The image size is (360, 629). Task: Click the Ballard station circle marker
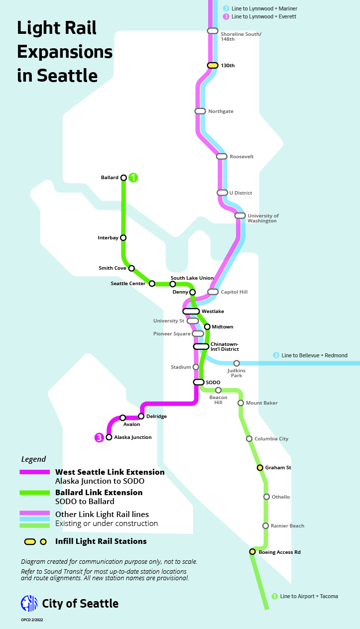tap(123, 178)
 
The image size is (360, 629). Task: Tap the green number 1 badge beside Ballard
tap(133, 177)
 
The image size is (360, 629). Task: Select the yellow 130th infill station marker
tap(213, 65)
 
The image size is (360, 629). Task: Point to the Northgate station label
tap(221, 111)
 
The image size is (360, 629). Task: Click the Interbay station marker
tap(123, 238)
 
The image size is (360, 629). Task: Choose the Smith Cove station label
tap(112, 268)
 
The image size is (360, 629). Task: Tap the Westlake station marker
tap(191, 312)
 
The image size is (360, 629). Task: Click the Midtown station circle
tap(207, 327)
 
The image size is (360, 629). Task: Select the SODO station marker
tap(199, 382)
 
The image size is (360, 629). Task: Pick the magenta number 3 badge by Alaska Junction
tap(99, 437)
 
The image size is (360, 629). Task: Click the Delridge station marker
tap(141, 416)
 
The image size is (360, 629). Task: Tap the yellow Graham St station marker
tap(259, 468)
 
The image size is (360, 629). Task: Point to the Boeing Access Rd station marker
tap(252, 552)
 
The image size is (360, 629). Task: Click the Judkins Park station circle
tap(237, 363)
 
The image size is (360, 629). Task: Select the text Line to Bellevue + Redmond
tap(314, 355)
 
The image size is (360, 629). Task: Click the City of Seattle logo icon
tap(29, 603)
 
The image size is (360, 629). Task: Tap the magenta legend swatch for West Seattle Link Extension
tap(35, 472)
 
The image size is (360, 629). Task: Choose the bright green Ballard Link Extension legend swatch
tap(35, 492)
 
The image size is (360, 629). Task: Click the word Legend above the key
tap(33, 459)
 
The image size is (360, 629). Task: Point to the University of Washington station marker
tap(240, 215)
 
